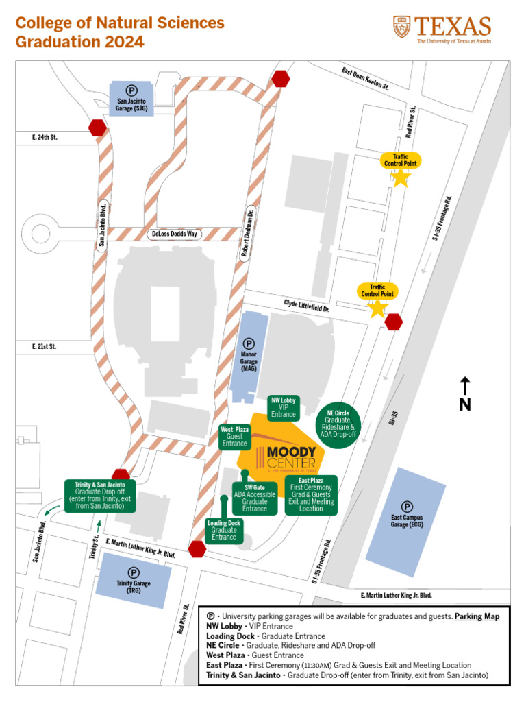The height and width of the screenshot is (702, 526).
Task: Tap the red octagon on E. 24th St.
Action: pos(97,128)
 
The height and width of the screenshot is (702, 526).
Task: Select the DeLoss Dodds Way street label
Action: pos(173,234)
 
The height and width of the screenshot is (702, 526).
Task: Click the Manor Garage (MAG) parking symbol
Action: pos(249,343)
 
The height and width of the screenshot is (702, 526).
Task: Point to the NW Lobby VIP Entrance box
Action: pos(283,407)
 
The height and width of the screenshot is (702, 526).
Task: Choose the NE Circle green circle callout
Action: pos(338,424)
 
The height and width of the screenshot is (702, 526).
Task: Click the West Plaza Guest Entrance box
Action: pos(234,437)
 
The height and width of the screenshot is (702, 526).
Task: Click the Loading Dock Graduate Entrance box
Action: pos(223,530)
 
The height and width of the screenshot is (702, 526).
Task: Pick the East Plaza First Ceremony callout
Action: pos(311,494)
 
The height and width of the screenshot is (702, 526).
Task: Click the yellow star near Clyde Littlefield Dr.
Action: pos(377,308)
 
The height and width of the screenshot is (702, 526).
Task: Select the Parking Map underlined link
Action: pos(477,616)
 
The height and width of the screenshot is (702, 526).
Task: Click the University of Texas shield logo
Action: pos(402,27)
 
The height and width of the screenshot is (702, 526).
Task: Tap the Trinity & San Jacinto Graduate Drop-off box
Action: pos(100,495)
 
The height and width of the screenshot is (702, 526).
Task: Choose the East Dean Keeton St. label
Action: pos(365,79)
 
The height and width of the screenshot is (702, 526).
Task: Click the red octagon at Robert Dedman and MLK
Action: pos(198,549)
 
